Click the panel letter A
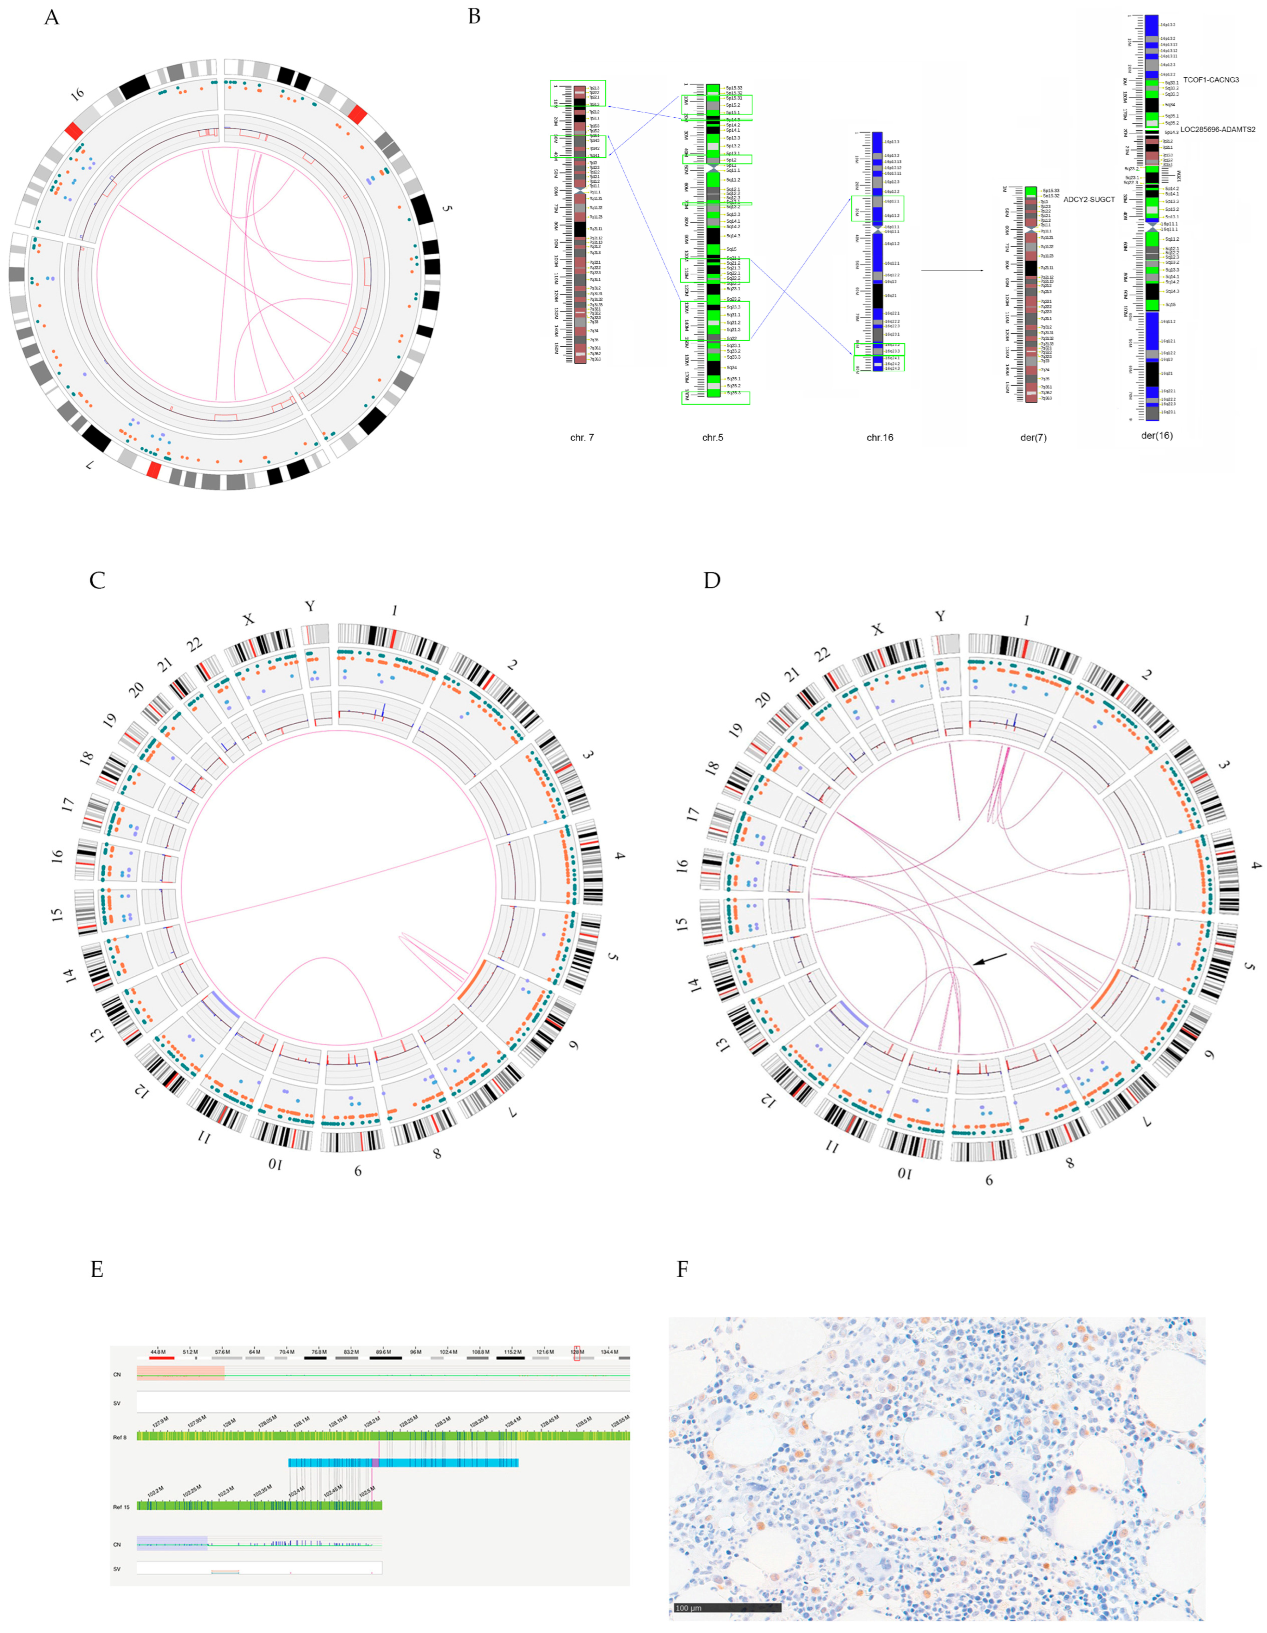click(x=51, y=17)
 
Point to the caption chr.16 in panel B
click(x=879, y=437)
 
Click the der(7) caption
click(x=1033, y=437)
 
